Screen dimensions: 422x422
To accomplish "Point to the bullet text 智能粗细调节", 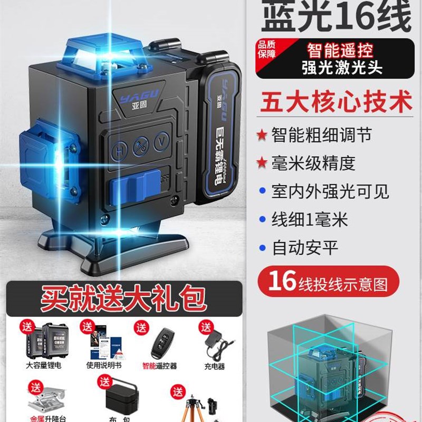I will tap(321, 135).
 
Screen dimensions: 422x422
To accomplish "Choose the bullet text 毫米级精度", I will tap(313, 163).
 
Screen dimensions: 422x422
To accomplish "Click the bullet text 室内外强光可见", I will tap(330, 191).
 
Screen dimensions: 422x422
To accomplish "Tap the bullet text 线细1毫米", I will tap(310, 219).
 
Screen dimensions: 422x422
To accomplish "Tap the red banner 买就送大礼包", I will tap(123, 298).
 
